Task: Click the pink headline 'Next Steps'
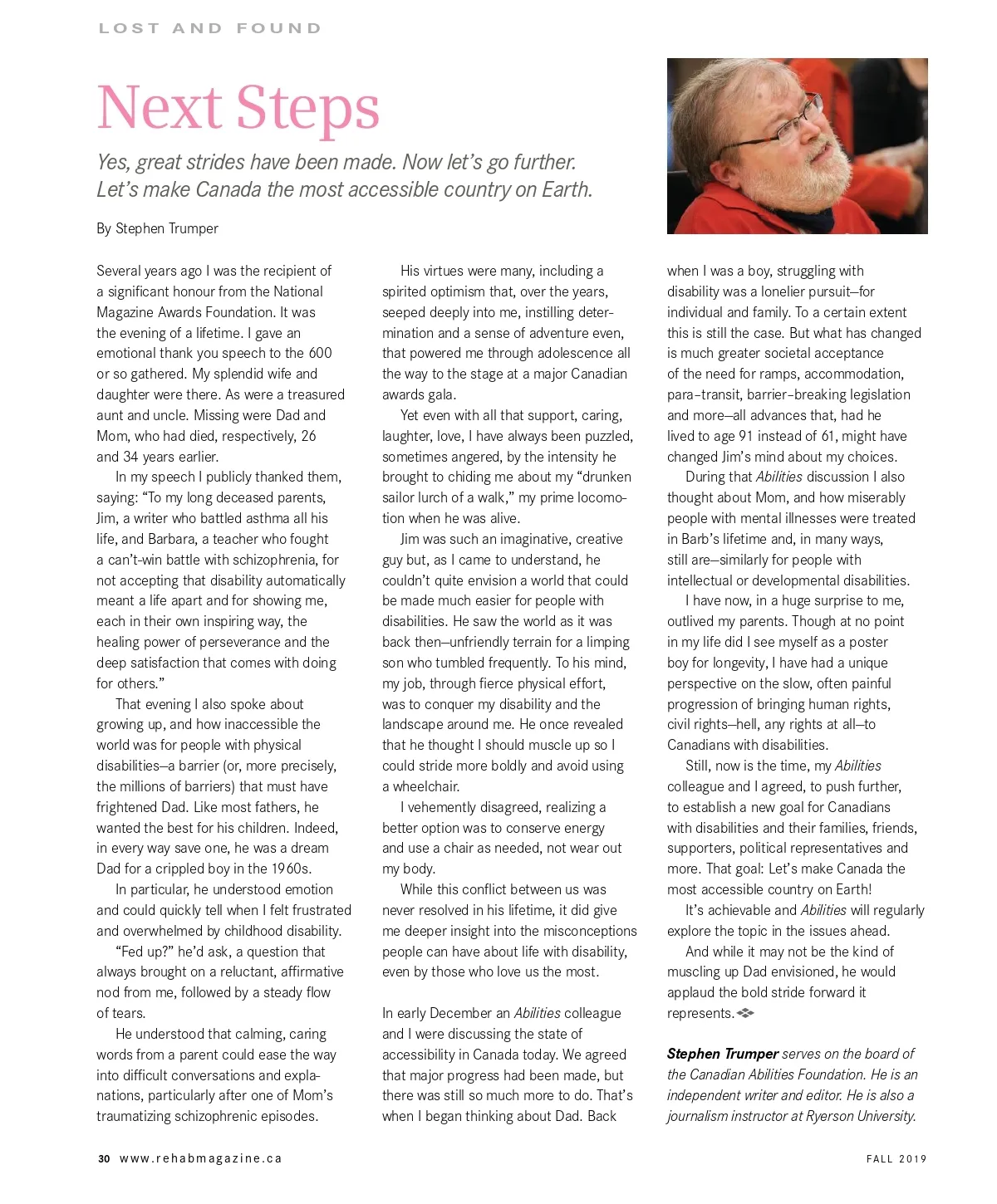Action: coord(238,108)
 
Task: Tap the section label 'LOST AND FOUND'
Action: coord(209,28)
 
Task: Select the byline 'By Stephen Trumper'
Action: coord(157,228)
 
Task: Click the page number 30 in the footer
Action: coord(104,1158)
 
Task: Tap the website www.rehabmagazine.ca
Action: coord(201,1158)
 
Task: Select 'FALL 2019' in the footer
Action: coord(896,1158)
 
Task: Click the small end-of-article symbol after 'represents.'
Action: coord(745,1013)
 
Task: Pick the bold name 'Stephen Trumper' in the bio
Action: coord(722,1054)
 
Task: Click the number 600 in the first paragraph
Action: coord(320,353)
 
